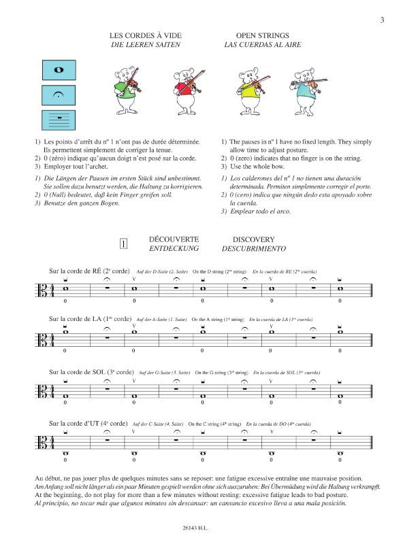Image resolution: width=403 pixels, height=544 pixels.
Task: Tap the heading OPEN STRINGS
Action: (253, 35)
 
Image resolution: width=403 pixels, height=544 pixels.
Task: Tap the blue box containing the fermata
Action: (59, 96)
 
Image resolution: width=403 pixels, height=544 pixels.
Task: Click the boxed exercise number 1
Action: (123, 243)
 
